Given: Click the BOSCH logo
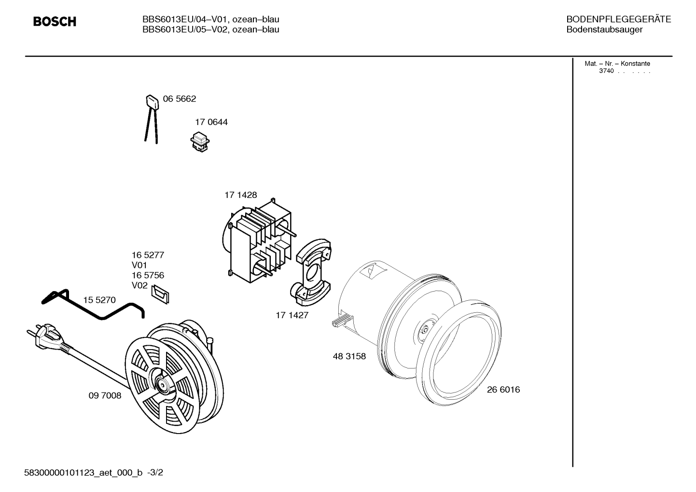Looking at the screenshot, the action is coord(55,21).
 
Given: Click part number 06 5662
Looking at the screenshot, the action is coord(180,99).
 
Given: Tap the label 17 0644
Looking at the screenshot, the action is coord(211,122).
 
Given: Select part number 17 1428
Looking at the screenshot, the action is coord(241,195).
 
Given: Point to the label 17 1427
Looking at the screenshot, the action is coord(292,315).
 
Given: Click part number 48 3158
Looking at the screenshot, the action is coord(349,356).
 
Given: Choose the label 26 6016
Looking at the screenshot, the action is coord(503,390).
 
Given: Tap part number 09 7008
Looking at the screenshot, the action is coord(105,395).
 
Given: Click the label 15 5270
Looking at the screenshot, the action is coord(99,300).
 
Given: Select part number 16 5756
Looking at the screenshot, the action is coord(148,275).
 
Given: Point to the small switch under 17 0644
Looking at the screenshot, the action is coord(200,142).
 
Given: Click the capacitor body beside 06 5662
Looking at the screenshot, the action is coord(153,101).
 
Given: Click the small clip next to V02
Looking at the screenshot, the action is coord(160,295).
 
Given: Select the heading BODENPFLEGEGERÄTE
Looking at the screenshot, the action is coord(619,19).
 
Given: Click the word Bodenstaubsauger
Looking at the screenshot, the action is coord(604,30).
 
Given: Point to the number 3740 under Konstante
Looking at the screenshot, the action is coord(607,71).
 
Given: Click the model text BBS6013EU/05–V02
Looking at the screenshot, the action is coord(185,29).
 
